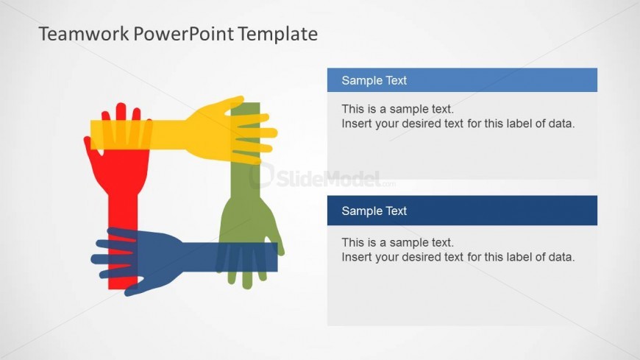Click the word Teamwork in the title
point(84,34)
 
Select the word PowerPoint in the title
point(184,35)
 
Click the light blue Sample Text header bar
point(462,80)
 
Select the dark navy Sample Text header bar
point(462,211)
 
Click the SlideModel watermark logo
point(322,177)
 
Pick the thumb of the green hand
point(277,241)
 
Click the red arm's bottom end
point(123,288)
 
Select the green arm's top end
point(245,104)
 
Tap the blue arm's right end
point(276,257)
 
